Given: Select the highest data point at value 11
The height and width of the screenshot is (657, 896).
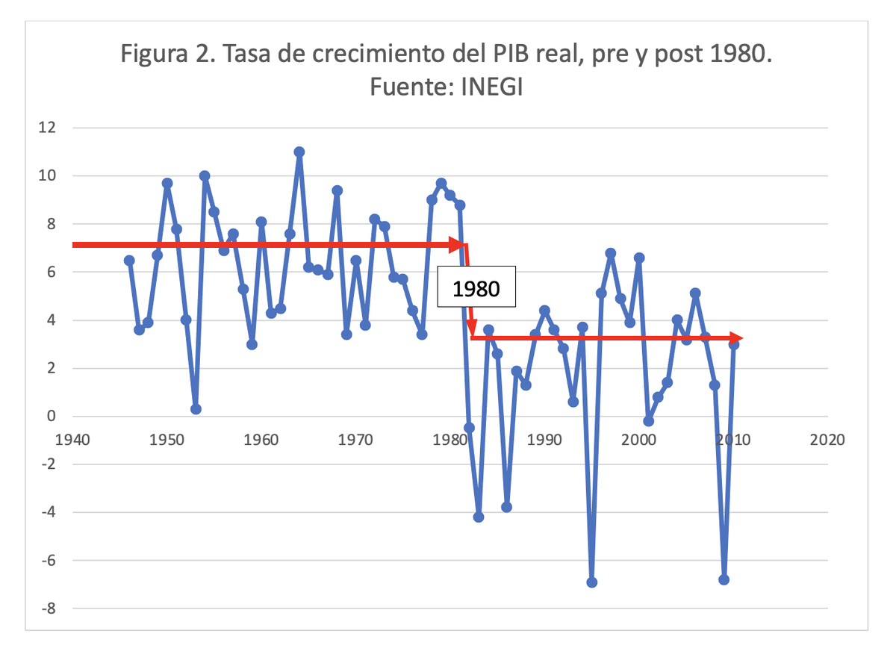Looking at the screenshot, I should [x=299, y=152].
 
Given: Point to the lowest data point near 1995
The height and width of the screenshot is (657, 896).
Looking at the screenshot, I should [x=592, y=582].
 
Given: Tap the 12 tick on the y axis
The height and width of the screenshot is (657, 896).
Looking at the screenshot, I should [x=47, y=128].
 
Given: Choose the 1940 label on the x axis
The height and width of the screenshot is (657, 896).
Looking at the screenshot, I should [x=72, y=440].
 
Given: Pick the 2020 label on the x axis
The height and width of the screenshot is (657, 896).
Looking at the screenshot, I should [x=827, y=440].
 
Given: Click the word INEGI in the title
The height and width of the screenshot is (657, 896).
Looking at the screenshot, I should [x=491, y=87].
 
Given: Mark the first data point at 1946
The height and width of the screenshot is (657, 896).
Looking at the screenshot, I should [x=129, y=261].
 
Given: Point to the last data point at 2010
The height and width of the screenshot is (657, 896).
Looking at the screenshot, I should [x=734, y=344].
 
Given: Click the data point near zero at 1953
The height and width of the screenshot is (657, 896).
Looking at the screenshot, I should [x=196, y=409].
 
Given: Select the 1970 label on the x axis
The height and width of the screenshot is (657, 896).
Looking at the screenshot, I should [x=356, y=440].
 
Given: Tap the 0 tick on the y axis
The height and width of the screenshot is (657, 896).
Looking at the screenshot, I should [x=52, y=417].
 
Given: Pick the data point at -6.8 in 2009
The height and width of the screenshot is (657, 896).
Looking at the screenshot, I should [x=724, y=579].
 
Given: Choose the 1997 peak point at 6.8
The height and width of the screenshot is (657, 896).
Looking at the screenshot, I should [x=611, y=253].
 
